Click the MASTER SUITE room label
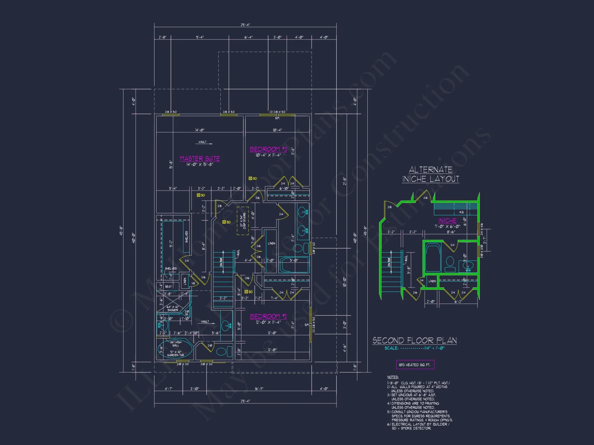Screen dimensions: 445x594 (x=200, y=158)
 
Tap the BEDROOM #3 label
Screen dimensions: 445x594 (x=268, y=149)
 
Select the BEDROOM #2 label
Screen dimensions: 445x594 (x=268, y=316)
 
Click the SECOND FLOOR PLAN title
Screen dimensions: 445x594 (x=415, y=340)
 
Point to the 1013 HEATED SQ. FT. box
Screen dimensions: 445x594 (x=415, y=365)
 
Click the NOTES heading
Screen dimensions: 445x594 (x=393, y=377)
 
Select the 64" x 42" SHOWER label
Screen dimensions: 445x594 (x=173, y=309)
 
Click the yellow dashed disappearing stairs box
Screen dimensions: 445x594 (x=243, y=221)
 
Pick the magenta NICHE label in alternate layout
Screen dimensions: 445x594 (x=447, y=221)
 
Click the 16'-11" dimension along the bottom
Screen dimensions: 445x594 (x=259, y=389)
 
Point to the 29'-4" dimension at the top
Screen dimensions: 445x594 (x=245, y=25)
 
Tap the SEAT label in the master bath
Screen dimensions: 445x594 (x=168, y=287)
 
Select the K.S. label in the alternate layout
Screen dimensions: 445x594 (x=462, y=212)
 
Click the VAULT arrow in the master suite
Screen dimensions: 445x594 (x=206, y=143)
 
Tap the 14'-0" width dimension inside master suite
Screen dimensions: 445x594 (x=200, y=130)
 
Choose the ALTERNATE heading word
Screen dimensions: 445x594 (x=430, y=170)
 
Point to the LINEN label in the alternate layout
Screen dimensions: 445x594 (x=432, y=281)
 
